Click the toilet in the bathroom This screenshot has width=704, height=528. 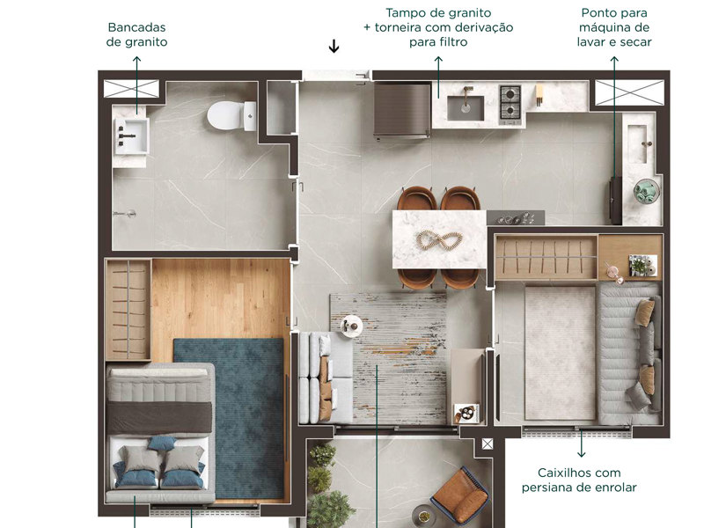228,114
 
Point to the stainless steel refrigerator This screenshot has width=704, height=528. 401,111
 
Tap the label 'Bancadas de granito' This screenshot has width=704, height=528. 136,34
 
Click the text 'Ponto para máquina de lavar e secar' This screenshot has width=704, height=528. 616,27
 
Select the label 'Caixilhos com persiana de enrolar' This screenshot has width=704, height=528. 580,480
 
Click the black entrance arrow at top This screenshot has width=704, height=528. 334,47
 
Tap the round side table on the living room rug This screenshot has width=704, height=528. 350,324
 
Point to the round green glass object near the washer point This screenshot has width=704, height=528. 647,189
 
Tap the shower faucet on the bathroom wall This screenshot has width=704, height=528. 128,214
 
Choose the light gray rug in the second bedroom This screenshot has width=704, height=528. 561,352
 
